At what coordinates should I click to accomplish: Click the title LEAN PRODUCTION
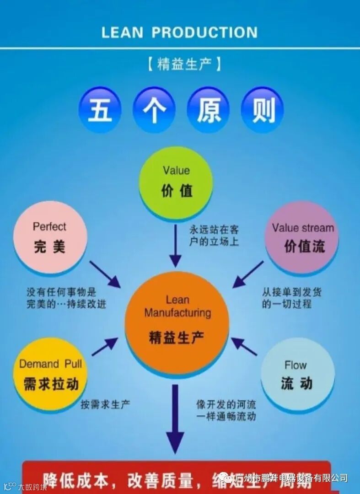click(x=179, y=32)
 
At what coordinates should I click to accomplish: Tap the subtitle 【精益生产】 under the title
click(x=184, y=64)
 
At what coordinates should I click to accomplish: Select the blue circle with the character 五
click(x=100, y=110)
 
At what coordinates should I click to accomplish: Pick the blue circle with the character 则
click(x=263, y=110)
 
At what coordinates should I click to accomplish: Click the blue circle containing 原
click(x=209, y=110)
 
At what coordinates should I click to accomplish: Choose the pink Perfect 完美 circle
click(x=50, y=238)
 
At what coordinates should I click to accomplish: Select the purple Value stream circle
click(x=302, y=238)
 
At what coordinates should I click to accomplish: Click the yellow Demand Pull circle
click(x=50, y=375)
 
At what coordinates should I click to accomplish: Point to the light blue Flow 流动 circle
click(x=297, y=375)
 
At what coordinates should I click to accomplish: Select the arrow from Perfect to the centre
click(x=105, y=274)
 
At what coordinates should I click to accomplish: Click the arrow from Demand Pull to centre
click(x=104, y=347)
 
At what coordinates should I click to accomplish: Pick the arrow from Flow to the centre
click(x=244, y=346)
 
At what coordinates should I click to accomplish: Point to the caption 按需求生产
click(x=105, y=404)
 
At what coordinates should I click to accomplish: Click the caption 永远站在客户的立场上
click(x=214, y=235)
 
